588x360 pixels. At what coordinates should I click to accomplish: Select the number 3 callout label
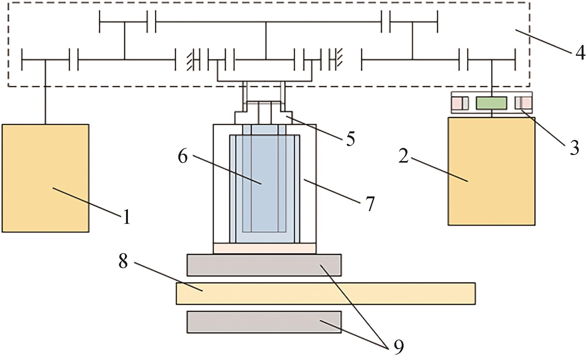[x=575, y=147]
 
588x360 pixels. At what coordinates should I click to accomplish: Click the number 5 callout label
[x=350, y=138]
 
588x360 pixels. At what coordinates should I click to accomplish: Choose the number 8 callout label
[x=123, y=261]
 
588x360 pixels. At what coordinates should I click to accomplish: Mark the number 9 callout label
[x=398, y=347]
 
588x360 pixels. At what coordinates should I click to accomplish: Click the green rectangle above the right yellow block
[x=491, y=103]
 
